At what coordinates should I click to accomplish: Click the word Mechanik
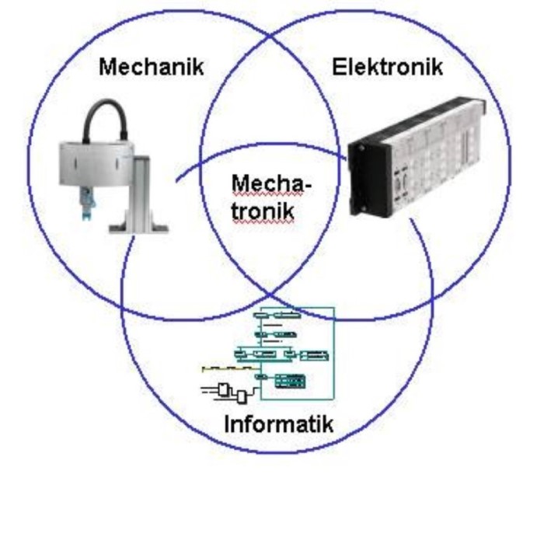click(152, 67)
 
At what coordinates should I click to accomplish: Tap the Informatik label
click(278, 424)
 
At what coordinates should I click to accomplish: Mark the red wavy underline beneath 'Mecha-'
click(270, 196)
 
